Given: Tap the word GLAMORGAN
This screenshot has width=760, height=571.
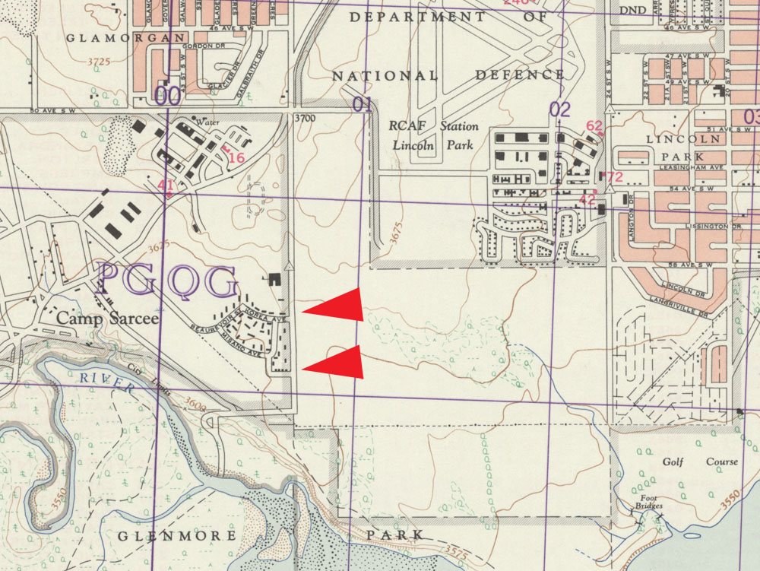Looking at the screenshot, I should coord(126,37).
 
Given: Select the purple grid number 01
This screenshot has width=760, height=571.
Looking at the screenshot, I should coord(363,104).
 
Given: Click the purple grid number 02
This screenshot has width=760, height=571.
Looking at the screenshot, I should coord(559,109).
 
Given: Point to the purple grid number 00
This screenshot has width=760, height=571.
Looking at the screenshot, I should coord(167,96).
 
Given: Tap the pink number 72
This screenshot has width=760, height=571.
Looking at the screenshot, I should coord(613,177).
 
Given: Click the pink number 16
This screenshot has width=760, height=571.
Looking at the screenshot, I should coord(236,157).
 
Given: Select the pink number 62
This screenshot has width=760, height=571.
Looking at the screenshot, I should coord(594,125).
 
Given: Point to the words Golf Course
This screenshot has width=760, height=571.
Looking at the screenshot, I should coord(700,462).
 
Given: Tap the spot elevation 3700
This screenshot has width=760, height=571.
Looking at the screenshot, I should coord(304,118).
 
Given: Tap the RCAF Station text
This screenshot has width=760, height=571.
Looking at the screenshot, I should coord(433,126).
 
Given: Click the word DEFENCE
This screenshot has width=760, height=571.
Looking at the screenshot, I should coord(520,75).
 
